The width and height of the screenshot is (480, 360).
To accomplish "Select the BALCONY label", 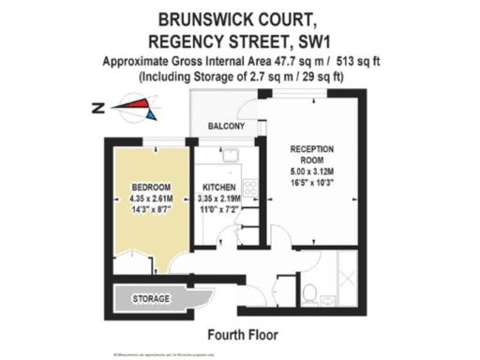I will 226,127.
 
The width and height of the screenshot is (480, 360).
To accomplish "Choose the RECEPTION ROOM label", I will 312,156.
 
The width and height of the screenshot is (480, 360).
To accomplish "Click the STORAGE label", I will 151,299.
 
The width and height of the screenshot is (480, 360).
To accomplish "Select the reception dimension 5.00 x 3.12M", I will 313,172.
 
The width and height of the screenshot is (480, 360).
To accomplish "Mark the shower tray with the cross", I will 345,274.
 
